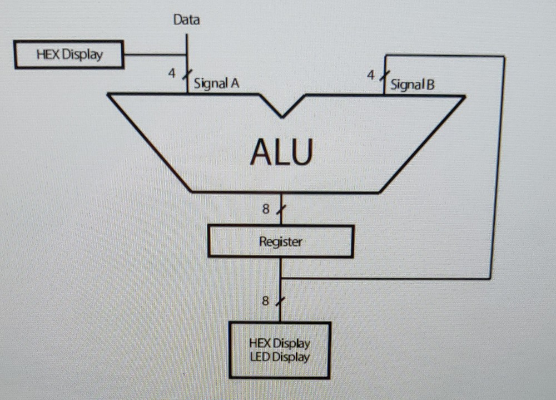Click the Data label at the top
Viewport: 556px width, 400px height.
[x=187, y=21]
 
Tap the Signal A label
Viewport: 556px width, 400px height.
[x=216, y=84]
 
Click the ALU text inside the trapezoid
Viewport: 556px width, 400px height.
[x=281, y=152]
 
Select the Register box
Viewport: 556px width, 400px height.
[x=281, y=241]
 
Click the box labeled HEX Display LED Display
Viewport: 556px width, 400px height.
[x=280, y=350]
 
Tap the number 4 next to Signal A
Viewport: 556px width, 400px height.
[x=173, y=73]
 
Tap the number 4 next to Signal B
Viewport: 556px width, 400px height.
[x=370, y=74]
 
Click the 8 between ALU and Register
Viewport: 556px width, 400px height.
[x=266, y=210]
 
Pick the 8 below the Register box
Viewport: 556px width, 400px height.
[x=265, y=302]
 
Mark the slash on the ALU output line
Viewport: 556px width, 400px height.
[x=282, y=210]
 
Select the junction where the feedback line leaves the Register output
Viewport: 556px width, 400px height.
[x=281, y=278]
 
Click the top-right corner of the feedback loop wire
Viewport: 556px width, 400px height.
[x=503, y=57]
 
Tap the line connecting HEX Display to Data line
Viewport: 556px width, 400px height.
[x=155, y=55]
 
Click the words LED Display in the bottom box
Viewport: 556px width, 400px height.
[x=280, y=357]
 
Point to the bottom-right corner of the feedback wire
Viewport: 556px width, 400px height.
[x=490, y=278]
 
